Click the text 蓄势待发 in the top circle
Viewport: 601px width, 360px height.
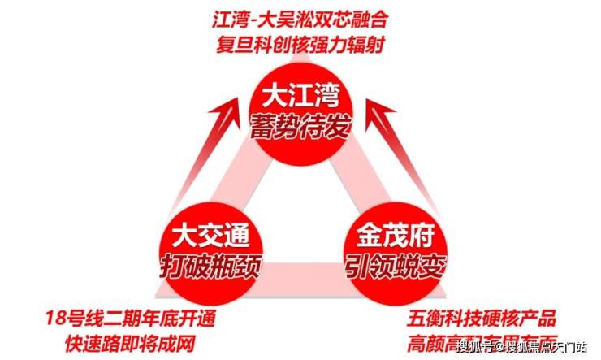point(300,127)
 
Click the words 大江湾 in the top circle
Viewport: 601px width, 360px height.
point(300,98)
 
